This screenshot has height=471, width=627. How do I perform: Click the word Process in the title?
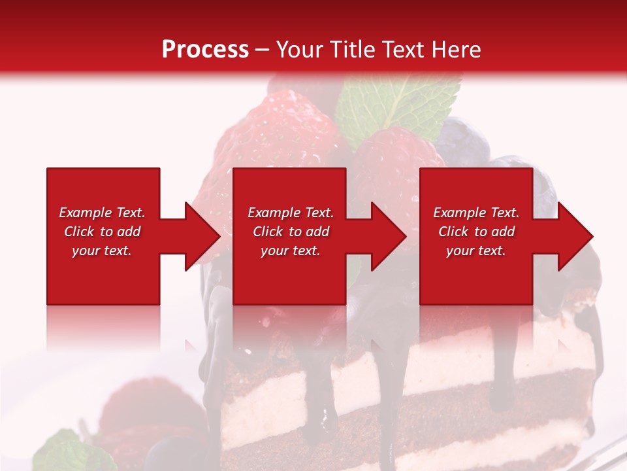[x=205, y=50]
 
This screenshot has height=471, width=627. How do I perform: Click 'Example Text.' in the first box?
[x=102, y=213]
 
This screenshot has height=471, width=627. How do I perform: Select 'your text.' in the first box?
[x=102, y=251]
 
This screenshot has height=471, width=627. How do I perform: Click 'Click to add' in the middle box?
[x=291, y=232]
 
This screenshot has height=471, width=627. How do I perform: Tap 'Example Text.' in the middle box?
[x=291, y=213]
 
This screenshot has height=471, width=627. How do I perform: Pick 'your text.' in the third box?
[x=476, y=251]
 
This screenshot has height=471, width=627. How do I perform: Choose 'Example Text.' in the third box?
[x=476, y=213]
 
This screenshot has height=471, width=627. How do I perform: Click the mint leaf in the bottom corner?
[x=62, y=453]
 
